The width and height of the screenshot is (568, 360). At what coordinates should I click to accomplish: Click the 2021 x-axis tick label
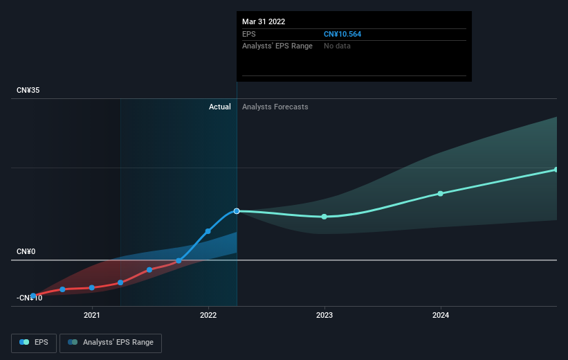coord(91,315)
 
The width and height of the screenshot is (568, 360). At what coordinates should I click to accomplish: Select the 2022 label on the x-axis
coord(208,315)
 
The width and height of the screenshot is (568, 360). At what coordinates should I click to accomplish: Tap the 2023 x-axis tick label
coord(324,315)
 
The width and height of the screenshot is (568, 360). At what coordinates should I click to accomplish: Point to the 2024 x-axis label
coord(441,315)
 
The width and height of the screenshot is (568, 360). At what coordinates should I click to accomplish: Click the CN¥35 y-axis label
coord(28,90)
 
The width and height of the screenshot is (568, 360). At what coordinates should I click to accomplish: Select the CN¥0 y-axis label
coord(26,251)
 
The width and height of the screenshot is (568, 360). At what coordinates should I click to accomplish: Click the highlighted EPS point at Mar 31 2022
coord(237,211)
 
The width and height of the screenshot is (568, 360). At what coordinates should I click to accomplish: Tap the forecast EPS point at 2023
coord(324,217)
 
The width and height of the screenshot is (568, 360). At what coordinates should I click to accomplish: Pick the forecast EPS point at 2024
coord(441,194)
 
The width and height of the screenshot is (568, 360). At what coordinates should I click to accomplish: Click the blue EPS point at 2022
coord(208,231)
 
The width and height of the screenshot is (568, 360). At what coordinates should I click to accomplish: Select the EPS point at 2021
coord(91,287)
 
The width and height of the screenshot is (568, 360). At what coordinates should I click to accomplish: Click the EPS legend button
coord(34,343)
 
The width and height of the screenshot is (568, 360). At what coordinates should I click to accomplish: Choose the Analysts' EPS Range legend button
coord(111,343)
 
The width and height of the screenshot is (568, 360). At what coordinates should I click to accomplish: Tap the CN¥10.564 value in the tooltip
coord(342,34)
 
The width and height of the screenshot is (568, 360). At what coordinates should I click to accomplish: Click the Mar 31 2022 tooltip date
coord(264,21)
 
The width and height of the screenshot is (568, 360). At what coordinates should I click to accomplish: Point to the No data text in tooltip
coord(337,46)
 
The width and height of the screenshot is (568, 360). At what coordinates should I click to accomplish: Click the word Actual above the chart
coord(219,107)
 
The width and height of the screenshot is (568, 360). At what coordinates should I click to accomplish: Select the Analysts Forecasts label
coord(275,107)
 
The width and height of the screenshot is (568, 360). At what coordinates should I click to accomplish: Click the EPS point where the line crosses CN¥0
coord(178,261)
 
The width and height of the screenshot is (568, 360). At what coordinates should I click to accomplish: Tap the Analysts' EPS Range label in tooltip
coord(277,46)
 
